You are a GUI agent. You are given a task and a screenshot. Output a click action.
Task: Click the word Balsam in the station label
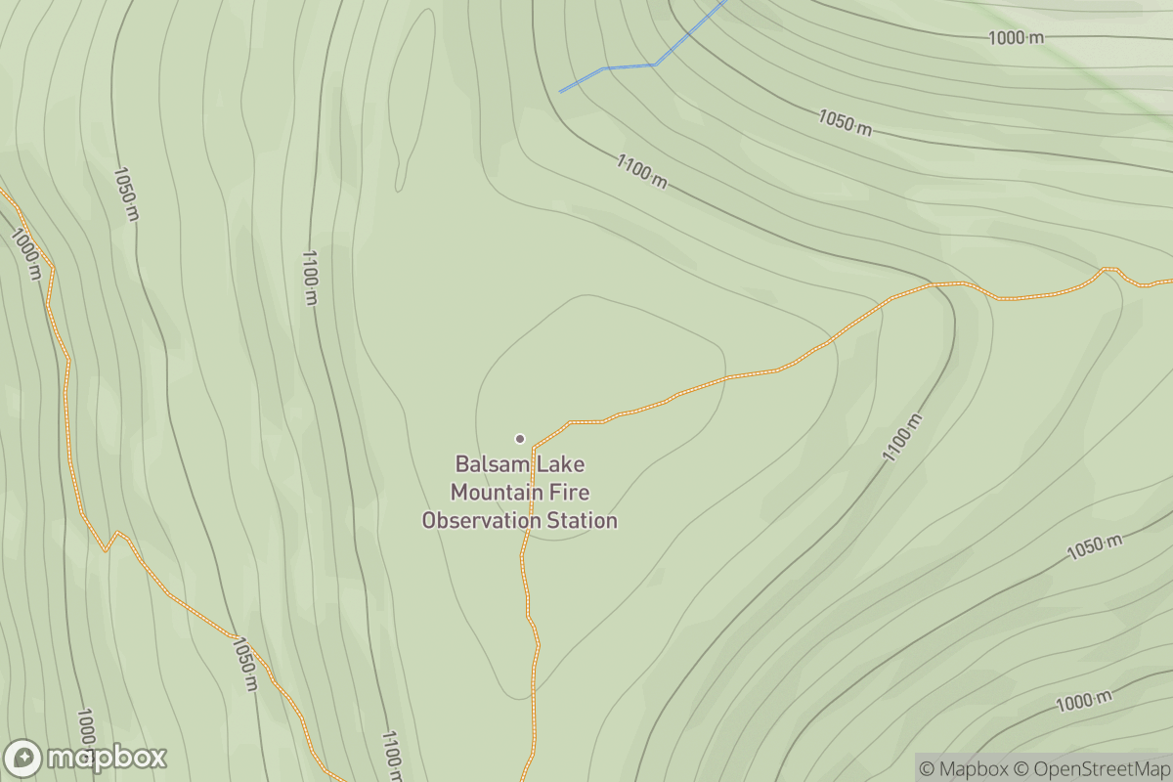[485, 464]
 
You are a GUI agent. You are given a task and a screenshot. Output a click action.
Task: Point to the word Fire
[572, 493]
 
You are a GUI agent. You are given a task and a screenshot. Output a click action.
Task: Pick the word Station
[580, 521]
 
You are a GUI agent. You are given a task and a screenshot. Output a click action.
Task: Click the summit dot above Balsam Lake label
[520, 438]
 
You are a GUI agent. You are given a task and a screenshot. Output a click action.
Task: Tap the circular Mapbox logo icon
[22, 759]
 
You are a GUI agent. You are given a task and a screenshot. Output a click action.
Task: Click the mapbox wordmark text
[107, 759]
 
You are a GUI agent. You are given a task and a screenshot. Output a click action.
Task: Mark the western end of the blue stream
[561, 91]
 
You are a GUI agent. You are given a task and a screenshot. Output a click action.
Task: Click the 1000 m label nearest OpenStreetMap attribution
[1083, 701]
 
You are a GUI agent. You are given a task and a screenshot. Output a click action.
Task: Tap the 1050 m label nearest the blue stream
[845, 123]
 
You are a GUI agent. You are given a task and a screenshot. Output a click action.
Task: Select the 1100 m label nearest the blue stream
[641, 171]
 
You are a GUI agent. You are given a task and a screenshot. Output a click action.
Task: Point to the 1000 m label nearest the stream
[1016, 38]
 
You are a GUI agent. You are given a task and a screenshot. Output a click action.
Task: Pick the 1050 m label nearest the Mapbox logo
[244, 664]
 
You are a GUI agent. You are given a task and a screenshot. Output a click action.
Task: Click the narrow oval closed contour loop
[413, 98]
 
